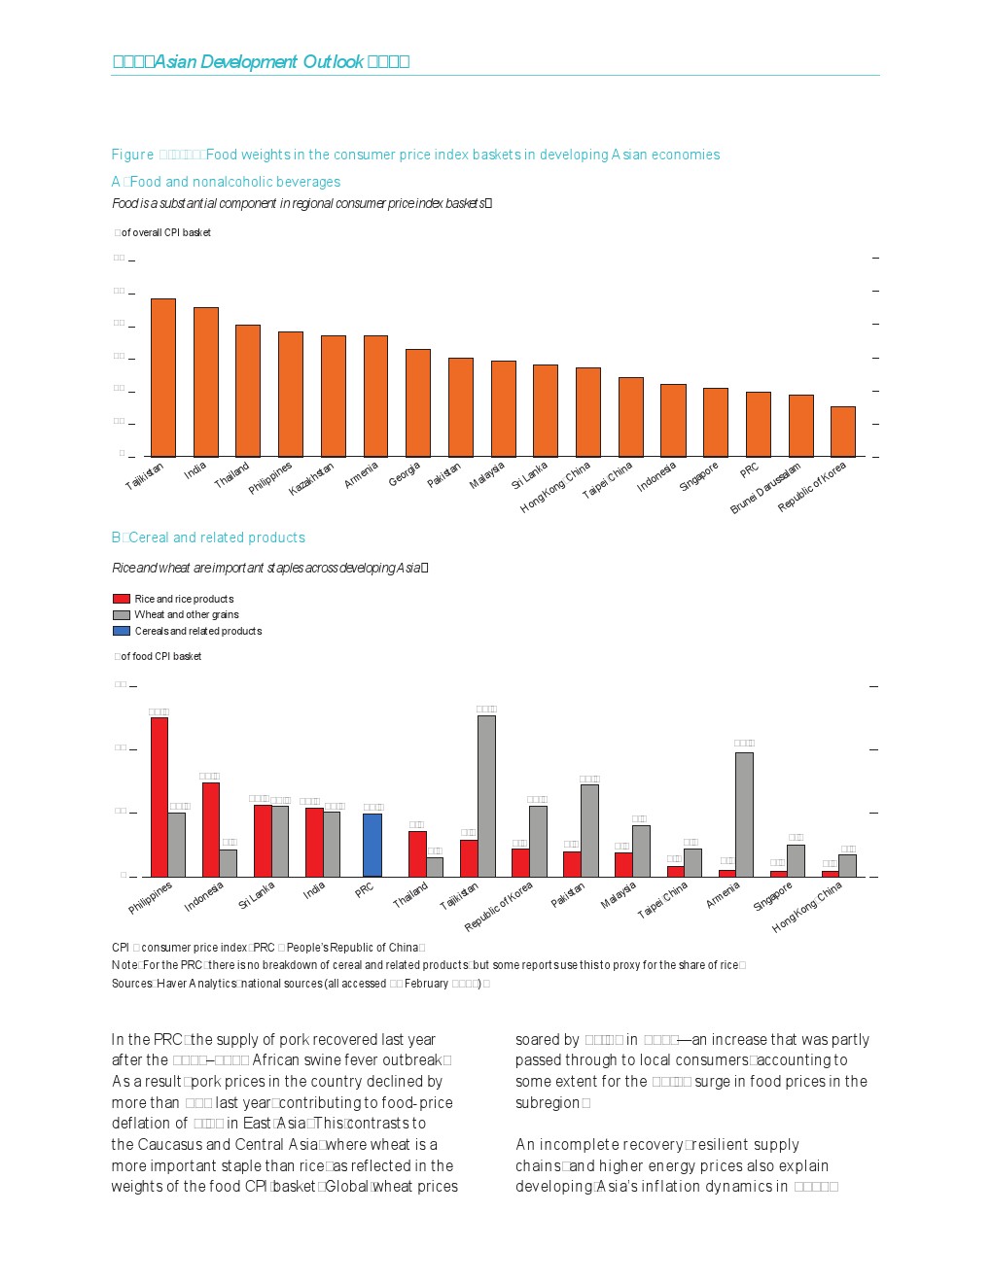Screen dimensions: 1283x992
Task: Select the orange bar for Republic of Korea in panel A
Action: pos(842,432)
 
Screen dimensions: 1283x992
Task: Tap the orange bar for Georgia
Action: pos(418,402)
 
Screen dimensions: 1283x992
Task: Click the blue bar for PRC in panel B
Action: pos(372,845)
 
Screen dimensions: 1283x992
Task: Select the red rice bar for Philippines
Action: pos(159,797)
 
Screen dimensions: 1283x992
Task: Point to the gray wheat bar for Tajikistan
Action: pos(486,796)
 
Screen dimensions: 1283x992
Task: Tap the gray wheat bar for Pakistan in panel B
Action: pos(589,830)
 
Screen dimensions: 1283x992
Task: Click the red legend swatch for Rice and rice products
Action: pos(122,599)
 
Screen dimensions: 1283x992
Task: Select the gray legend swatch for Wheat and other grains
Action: pos(122,615)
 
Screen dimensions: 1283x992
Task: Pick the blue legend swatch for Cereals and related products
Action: pos(122,631)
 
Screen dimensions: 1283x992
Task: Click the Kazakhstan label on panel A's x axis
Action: pos(312,479)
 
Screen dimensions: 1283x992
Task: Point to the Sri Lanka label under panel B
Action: pos(258,895)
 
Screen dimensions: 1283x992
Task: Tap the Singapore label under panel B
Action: pos(774,896)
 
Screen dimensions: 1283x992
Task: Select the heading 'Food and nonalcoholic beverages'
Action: pos(234,182)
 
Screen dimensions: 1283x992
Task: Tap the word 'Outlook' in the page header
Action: pos(333,62)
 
